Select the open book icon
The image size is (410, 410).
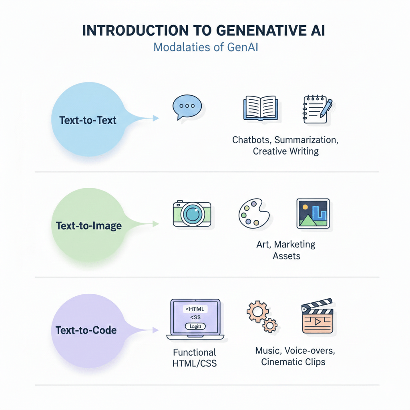coord(260,108)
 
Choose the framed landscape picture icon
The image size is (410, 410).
coord(313,213)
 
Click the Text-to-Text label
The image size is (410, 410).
coord(88,120)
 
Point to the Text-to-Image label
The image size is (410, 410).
coord(88,225)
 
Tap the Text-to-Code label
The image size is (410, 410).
coord(86,330)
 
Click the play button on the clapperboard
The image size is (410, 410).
coord(318,322)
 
